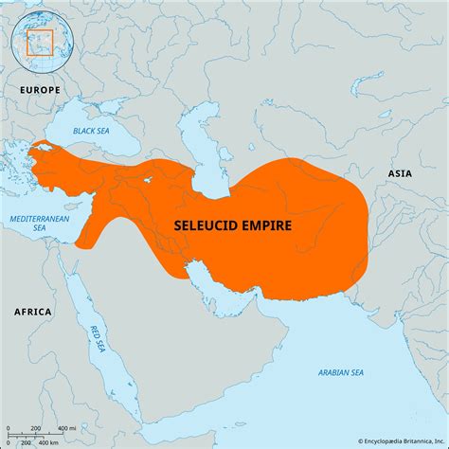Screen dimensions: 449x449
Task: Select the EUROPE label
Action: pos(39,89)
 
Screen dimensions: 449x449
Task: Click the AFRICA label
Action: pos(33,311)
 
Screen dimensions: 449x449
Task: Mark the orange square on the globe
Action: pos(40,44)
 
